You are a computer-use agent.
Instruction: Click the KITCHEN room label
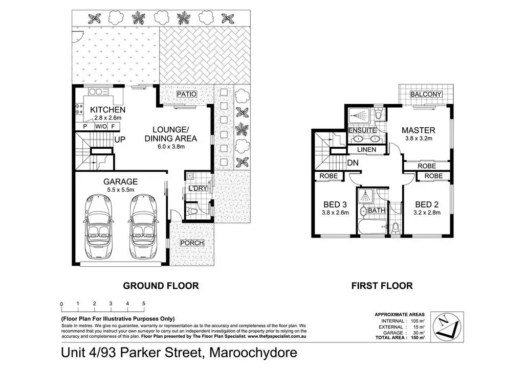[x=107, y=109]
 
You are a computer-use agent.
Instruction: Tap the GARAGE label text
[x=120, y=181]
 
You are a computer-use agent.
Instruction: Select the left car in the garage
[x=99, y=227]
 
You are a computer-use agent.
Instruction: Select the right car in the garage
[x=143, y=227]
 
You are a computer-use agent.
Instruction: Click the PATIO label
[x=186, y=94]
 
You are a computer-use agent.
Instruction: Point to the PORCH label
[x=192, y=243]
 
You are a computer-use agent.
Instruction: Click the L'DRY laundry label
[x=198, y=188]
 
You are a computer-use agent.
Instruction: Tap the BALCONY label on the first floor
[x=426, y=94]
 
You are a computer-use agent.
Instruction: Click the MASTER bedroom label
[x=419, y=130]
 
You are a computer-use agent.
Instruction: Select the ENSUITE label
[x=362, y=130]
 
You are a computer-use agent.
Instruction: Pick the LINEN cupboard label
[x=366, y=149]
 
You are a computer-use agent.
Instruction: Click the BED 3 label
[x=335, y=204]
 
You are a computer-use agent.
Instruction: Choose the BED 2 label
[x=427, y=204]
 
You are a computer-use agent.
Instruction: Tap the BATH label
[x=377, y=210]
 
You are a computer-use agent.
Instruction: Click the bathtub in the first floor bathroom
[x=373, y=227]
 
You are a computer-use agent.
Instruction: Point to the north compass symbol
[x=447, y=327]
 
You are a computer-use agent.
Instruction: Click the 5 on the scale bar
[x=144, y=303]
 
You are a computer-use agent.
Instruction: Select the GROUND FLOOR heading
[x=161, y=286]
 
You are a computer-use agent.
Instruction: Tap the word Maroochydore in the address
[x=253, y=352]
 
